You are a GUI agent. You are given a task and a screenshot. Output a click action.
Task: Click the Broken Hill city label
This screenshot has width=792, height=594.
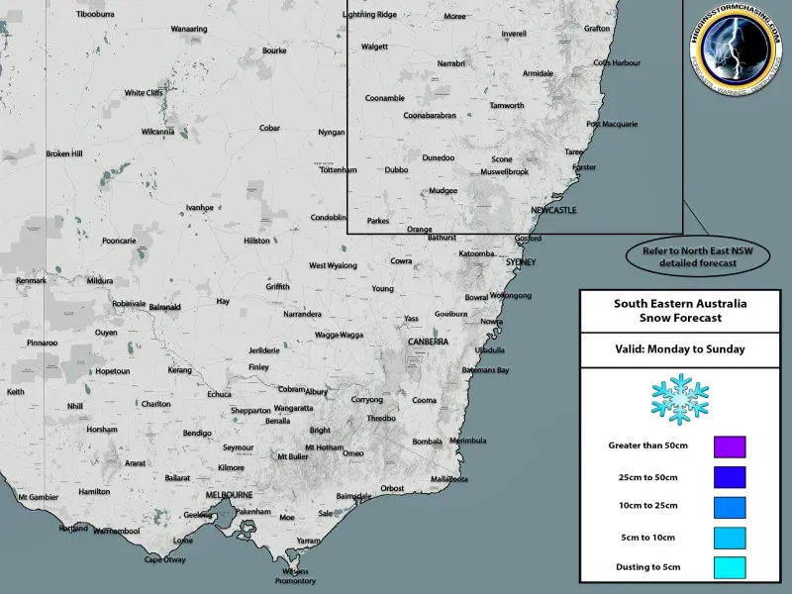pyautogui.click(x=64, y=153)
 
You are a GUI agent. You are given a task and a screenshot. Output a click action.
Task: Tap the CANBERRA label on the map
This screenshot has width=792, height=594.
pyautogui.click(x=429, y=342)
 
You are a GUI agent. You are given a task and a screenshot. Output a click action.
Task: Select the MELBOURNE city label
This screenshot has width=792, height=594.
pyautogui.click(x=229, y=494)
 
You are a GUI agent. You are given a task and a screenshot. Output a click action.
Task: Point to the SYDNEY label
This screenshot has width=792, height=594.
pyautogui.click(x=521, y=262)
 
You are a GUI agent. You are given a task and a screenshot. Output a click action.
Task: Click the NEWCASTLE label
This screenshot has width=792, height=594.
pyautogui.click(x=553, y=212)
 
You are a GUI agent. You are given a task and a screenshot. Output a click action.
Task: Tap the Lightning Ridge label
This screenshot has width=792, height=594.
pyautogui.click(x=368, y=15)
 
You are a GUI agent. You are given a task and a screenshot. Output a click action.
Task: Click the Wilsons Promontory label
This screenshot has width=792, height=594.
pyautogui.click(x=296, y=576)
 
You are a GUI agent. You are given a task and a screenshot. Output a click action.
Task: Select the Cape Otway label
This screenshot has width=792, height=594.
pyautogui.click(x=165, y=559)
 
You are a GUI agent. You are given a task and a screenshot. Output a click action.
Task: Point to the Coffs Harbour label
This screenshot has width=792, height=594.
pyautogui.click(x=617, y=63)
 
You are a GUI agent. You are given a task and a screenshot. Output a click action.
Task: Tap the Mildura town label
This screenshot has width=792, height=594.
pyautogui.click(x=100, y=281)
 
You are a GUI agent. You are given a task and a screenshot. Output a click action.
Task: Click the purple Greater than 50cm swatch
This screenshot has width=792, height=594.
pyautogui.click(x=730, y=446)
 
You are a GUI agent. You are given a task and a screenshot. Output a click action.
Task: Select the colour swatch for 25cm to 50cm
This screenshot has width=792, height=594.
pyautogui.click(x=730, y=477)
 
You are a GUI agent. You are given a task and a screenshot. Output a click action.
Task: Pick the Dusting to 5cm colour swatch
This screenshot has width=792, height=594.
pyautogui.click(x=730, y=568)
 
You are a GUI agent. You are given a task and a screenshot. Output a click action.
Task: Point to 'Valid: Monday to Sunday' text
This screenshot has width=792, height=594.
pyautogui.click(x=679, y=348)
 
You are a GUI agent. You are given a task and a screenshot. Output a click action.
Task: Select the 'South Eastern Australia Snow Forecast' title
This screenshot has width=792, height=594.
pyautogui.click(x=679, y=310)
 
